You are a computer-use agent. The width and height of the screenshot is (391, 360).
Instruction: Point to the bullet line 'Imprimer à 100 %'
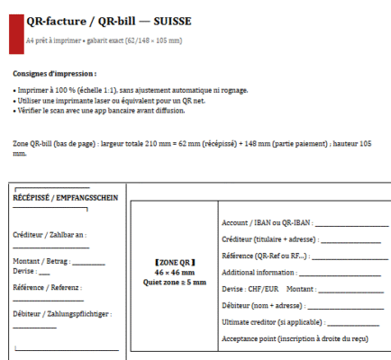(x=131, y=91)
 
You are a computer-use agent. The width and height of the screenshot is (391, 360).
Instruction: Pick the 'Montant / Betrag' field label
(x=41, y=260)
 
